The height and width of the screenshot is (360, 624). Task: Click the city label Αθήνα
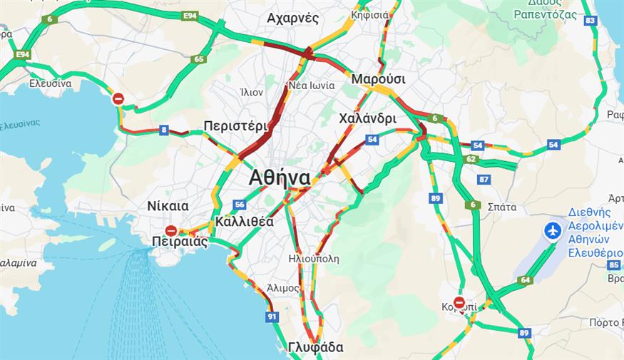pyautogui.click(x=280, y=178)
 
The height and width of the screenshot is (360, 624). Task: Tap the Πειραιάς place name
pyautogui.click(x=180, y=242)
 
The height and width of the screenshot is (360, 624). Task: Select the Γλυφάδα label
pyautogui.click(x=316, y=348)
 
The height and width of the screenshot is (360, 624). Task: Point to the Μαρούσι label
pyautogui.click(x=378, y=79)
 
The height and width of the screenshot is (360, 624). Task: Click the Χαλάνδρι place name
pyautogui.click(x=367, y=118)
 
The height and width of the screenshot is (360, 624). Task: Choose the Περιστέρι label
pyautogui.click(x=235, y=125)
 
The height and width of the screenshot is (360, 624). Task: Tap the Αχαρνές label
pyautogui.click(x=292, y=19)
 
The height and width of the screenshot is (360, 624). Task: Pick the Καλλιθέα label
pyautogui.click(x=244, y=221)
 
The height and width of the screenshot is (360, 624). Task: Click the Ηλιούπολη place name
pyautogui.click(x=314, y=258)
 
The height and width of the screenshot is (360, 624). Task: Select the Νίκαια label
pyautogui.click(x=168, y=206)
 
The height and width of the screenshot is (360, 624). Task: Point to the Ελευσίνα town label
pyautogui.click(x=50, y=83)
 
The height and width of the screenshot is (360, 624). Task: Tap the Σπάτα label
pyautogui.click(x=501, y=207)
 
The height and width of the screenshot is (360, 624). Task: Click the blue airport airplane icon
pyautogui.click(x=551, y=231)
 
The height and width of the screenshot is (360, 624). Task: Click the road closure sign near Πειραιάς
pyautogui.click(x=171, y=230)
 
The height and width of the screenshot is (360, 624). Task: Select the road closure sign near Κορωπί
pyautogui.click(x=459, y=302)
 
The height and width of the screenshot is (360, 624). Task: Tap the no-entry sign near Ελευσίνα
pyautogui.click(x=118, y=99)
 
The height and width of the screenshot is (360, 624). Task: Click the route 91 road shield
pyautogui.click(x=271, y=316)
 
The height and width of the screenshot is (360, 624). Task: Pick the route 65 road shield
pyautogui.click(x=199, y=59)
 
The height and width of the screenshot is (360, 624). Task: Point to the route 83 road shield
pyautogui.click(x=590, y=21)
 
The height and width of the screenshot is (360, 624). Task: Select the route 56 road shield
pyautogui.click(x=239, y=205)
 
